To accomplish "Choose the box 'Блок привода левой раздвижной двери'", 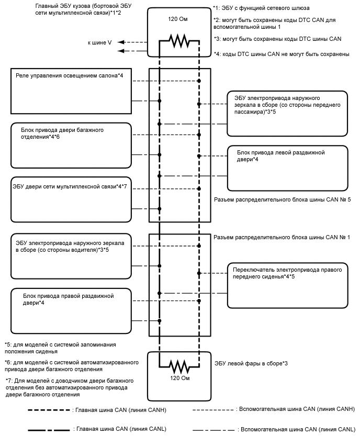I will pos(287,167).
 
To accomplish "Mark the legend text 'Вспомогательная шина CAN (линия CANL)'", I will pos(296,429).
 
